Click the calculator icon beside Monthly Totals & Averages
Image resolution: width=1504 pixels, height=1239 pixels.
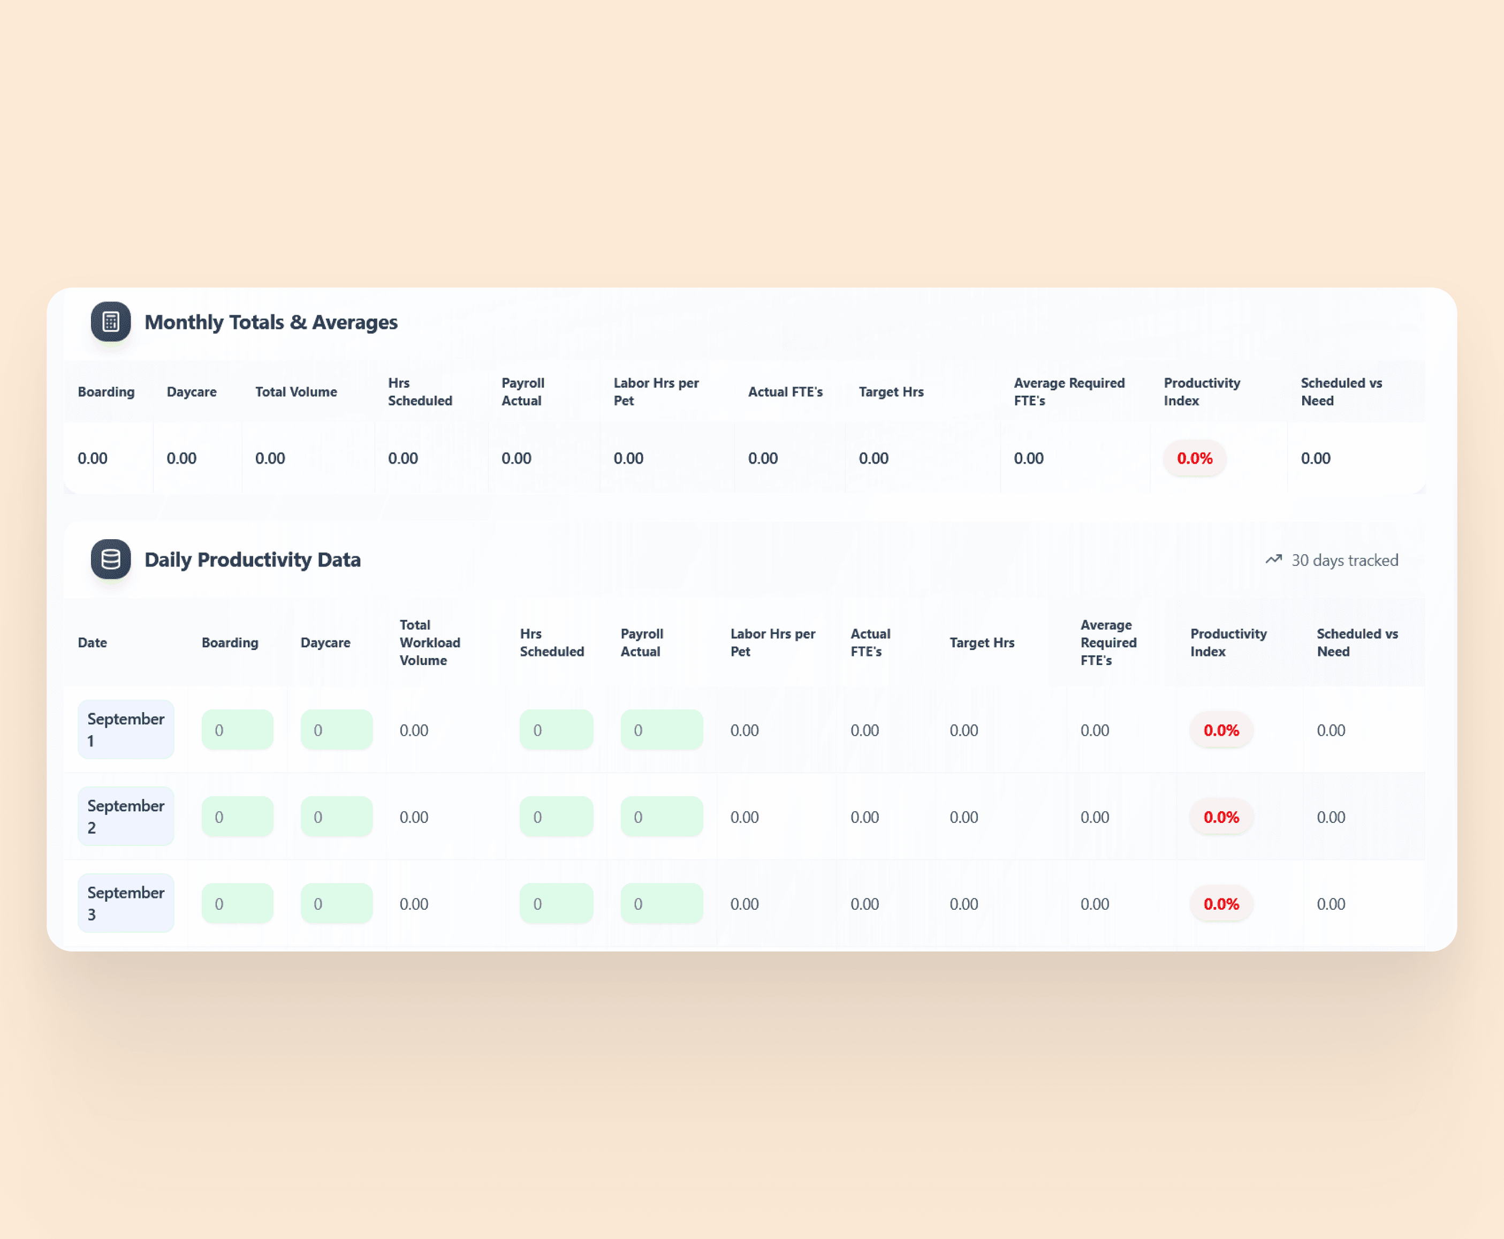point(111,322)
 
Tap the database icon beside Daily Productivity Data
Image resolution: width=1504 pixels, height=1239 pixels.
point(111,559)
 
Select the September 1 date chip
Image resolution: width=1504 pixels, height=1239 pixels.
point(126,729)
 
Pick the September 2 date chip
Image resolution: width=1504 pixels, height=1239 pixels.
point(126,817)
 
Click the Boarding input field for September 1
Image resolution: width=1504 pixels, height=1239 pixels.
point(238,729)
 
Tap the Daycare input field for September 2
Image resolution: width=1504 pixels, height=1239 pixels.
point(337,817)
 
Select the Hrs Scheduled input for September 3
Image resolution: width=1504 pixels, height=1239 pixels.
point(557,904)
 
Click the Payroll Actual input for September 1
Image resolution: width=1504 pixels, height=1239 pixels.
point(662,729)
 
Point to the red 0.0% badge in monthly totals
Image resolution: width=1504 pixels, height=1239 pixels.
point(1195,458)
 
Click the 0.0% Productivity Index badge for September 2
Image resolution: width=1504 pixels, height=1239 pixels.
point(1221,817)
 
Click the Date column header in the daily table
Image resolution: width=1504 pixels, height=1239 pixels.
point(92,643)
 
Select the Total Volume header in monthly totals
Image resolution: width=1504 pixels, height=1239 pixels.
point(296,392)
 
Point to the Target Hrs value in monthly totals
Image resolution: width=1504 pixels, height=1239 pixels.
point(873,458)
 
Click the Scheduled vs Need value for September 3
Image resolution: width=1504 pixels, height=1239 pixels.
point(1331,904)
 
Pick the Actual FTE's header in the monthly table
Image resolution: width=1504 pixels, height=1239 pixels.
point(785,392)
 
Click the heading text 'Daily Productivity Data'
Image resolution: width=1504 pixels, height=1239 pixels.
point(253,560)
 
